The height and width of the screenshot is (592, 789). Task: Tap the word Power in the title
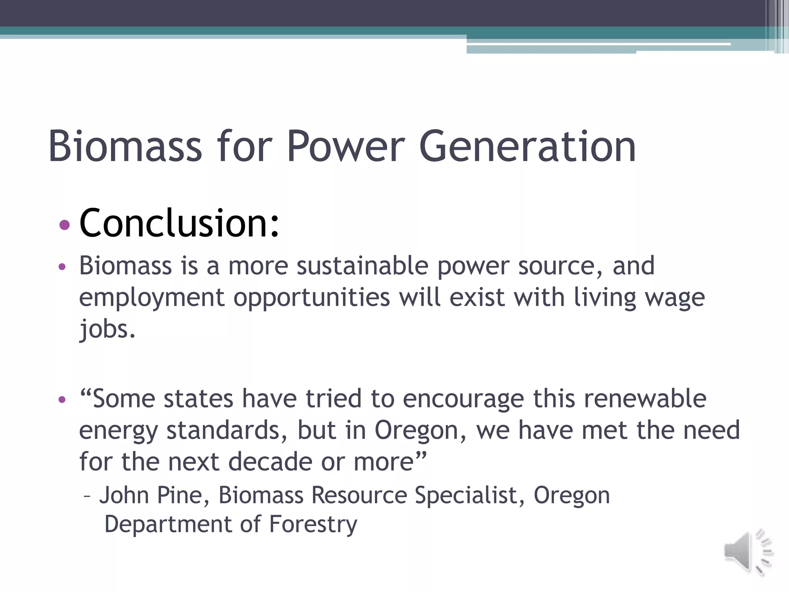(x=346, y=146)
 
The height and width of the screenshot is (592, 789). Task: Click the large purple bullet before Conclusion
(x=65, y=225)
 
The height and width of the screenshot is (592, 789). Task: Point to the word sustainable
(x=362, y=266)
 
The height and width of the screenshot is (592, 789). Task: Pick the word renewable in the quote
(x=645, y=399)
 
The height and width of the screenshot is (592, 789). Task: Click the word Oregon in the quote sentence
(x=420, y=431)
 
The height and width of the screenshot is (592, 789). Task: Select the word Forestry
(x=313, y=525)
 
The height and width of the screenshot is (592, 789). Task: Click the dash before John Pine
(x=87, y=496)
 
